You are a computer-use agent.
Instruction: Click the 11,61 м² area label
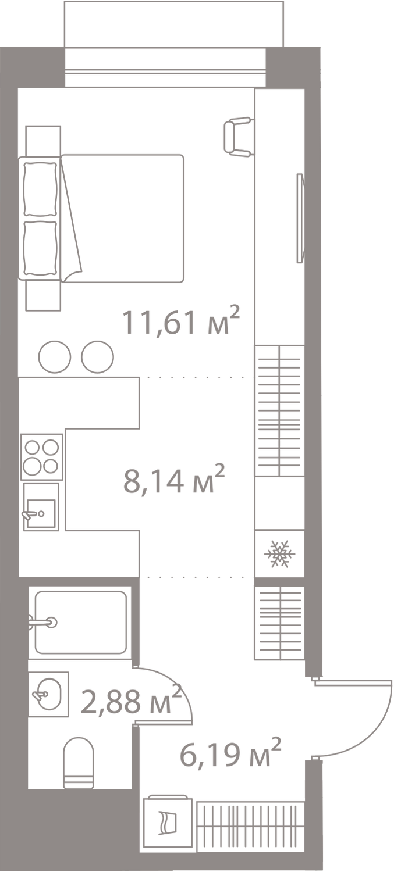(x=180, y=321)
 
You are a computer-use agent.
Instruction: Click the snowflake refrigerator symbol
(x=279, y=553)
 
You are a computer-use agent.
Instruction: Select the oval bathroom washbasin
(x=48, y=694)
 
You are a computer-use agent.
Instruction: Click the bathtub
(x=80, y=622)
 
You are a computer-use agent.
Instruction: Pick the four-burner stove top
(x=42, y=457)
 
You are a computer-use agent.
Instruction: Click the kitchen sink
(x=41, y=506)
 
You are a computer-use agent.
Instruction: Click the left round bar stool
(x=55, y=356)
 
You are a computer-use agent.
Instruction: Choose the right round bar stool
(x=97, y=356)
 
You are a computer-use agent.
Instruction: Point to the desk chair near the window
(x=238, y=137)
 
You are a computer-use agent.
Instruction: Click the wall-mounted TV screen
(x=300, y=218)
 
